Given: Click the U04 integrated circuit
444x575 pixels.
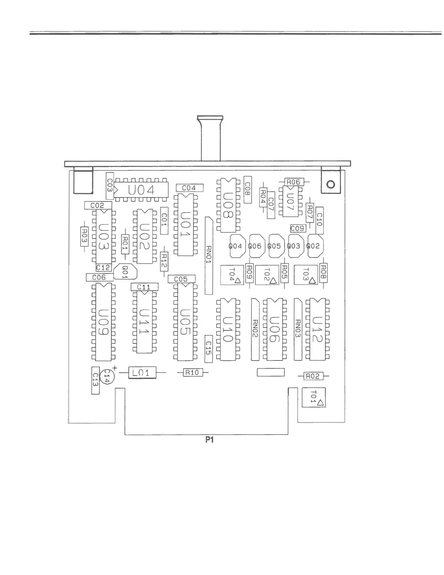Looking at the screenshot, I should point(141,189).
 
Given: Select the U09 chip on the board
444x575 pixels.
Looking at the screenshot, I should point(103,322).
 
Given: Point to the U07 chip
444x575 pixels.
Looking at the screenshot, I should point(291,201).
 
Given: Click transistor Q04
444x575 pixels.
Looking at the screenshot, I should point(235,246).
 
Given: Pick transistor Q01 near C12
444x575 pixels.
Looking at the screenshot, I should point(126,271).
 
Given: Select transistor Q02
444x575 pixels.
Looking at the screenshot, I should point(313,246).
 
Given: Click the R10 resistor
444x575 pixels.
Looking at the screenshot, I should point(192,372).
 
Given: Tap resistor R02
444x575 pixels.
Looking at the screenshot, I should point(313,376).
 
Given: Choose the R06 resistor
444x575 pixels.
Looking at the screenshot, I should point(293,182).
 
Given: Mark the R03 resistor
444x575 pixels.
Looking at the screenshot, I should point(84,236).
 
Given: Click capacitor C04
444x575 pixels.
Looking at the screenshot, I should point(189,188).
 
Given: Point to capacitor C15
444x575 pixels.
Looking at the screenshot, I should point(208,348).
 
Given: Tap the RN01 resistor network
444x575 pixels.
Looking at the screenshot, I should point(209,256).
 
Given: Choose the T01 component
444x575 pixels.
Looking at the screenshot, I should point(314,397).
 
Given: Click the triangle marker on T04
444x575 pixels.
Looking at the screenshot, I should point(238,280).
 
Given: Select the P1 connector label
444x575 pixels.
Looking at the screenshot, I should point(209,440).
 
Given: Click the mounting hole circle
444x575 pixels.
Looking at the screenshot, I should point(331,184).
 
